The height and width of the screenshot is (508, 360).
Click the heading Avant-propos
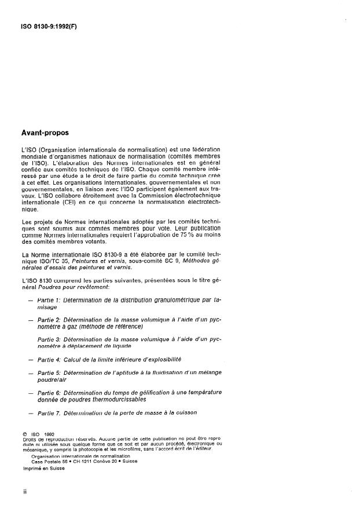click(x=45, y=133)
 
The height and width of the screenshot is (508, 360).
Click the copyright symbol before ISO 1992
click(x=24, y=433)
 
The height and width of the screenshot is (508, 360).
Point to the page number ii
click(x=24, y=491)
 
